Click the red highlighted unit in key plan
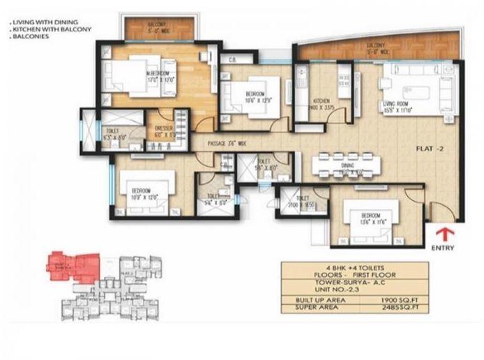70,264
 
